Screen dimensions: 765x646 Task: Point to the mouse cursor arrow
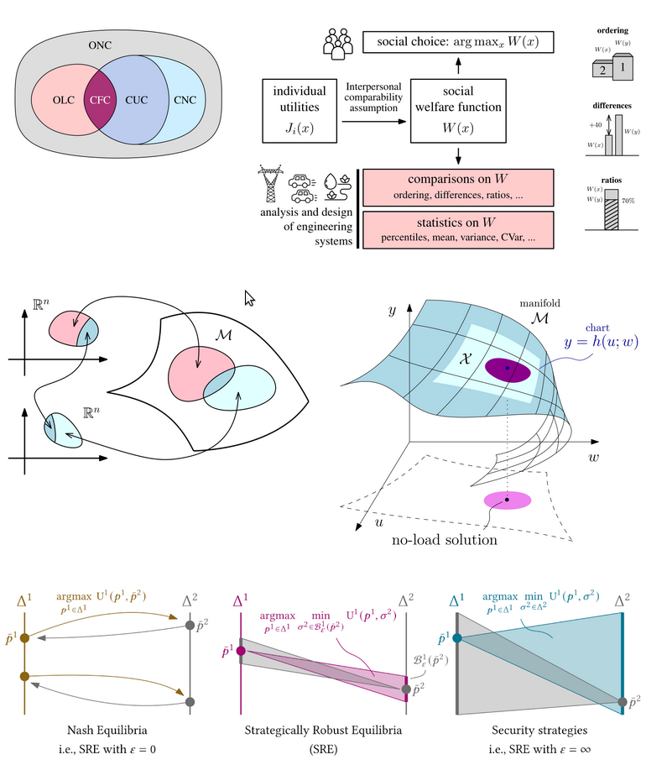[x=248, y=298]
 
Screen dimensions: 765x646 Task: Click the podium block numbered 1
[x=622, y=63]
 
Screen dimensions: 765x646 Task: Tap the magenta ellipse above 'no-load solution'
[x=507, y=500]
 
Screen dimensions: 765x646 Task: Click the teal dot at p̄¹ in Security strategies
[x=457, y=638]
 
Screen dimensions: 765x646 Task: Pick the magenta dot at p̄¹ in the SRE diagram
[x=241, y=651]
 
